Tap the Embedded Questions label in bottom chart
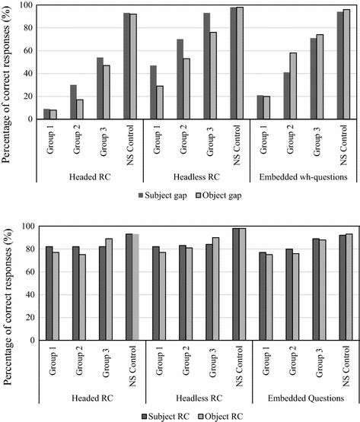304,397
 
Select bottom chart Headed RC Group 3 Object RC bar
109,290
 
